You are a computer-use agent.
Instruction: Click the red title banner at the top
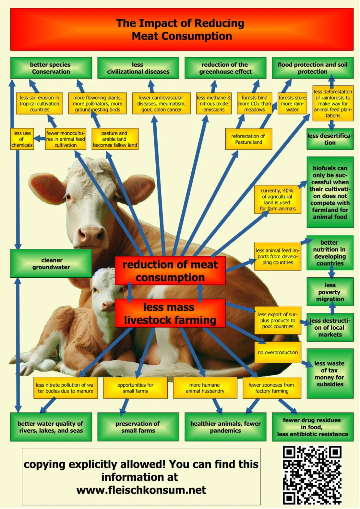182,29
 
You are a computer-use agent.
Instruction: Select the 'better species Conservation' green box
51,68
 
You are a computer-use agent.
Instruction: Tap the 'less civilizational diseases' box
138,68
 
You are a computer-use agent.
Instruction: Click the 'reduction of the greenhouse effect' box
225,68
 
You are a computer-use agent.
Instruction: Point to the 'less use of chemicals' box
22,139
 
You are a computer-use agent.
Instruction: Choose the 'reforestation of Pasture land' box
248,139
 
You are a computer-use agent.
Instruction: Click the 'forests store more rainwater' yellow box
292,103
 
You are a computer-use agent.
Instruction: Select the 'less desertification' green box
330,139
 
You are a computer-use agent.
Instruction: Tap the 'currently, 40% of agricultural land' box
278,200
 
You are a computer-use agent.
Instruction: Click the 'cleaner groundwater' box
51,263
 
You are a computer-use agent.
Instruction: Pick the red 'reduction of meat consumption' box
170,271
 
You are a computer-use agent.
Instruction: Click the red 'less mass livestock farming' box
170,313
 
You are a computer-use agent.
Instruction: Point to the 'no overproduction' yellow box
278,352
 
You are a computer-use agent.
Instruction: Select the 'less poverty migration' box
330,292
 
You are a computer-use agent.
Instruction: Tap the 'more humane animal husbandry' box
205,388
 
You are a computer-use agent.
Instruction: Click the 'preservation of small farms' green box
138,427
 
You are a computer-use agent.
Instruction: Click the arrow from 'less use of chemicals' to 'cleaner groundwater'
18,200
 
